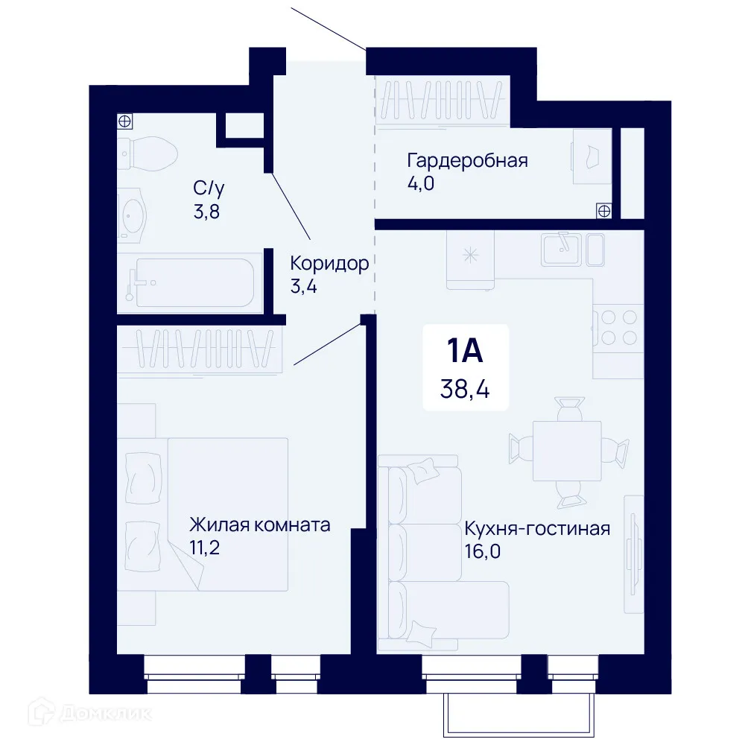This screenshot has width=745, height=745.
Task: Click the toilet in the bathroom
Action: tap(149, 152)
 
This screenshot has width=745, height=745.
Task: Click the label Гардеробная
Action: tap(467, 160)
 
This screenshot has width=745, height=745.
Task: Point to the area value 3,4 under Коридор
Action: tap(304, 286)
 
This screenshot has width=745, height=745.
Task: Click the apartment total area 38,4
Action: tap(465, 387)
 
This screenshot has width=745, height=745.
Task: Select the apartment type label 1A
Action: tap(465, 350)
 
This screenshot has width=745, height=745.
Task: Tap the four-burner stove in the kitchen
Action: tap(618, 326)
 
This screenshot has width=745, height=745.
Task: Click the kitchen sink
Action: tap(563, 249)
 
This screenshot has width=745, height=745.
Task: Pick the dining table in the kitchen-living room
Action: tap(567, 451)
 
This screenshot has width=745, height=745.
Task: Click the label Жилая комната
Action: tap(259, 524)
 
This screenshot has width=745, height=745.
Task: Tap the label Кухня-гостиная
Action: tap(537, 529)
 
